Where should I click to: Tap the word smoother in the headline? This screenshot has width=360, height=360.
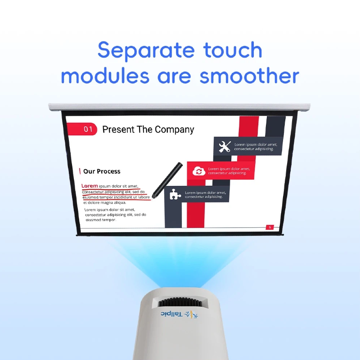[x=250, y=76]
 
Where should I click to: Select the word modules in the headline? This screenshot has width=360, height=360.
[x=105, y=76]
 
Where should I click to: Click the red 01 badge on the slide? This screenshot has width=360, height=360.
[x=88, y=130]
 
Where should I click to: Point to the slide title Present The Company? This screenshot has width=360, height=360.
[x=148, y=130]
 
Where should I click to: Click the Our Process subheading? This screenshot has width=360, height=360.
[x=102, y=171]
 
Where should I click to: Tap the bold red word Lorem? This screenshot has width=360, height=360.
[x=90, y=186]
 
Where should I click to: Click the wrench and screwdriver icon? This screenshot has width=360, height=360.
[x=224, y=147]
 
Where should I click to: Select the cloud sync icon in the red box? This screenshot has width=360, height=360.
[x=198, y=171]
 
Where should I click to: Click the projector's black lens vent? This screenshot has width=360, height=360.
[x=180, y=301]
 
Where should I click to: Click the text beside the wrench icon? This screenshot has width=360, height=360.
[x=255, y=147]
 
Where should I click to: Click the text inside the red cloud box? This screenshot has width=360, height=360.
[x=229, y=171]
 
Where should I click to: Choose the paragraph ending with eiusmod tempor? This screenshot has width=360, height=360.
[x=115, y=215]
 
